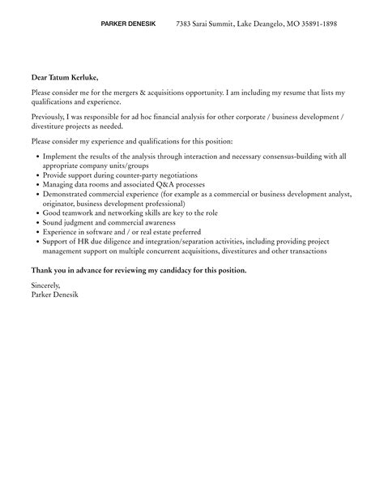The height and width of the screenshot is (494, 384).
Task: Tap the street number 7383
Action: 186,24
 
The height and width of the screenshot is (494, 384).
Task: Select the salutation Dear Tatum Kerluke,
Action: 65,77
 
